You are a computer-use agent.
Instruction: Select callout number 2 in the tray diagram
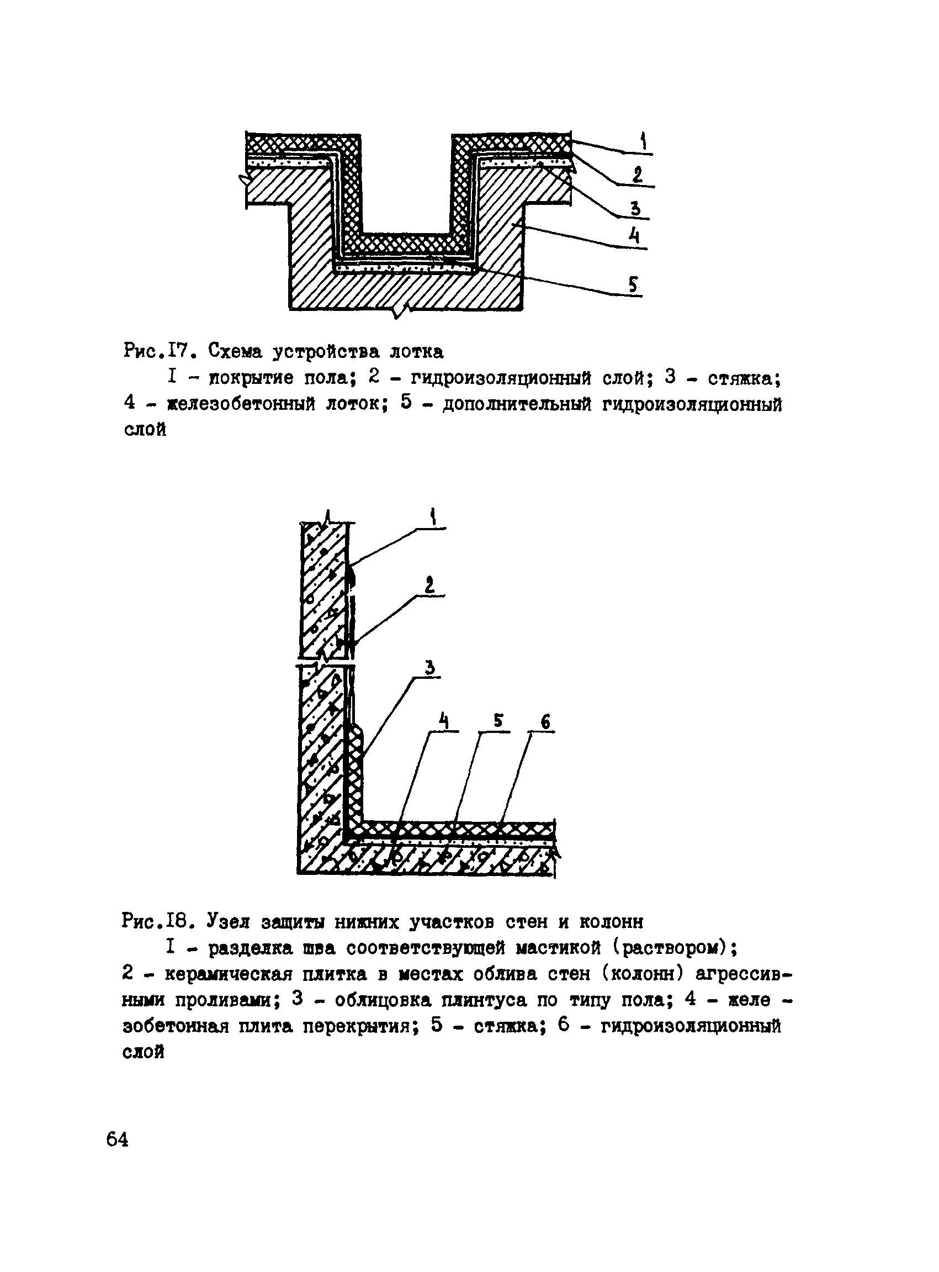pos(638,174)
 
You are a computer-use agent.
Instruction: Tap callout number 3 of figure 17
pos(636,208)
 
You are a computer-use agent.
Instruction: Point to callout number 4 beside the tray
pos(634,235)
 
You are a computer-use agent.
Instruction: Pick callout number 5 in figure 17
pos(633,284)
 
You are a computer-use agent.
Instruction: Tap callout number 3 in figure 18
pos(430,667)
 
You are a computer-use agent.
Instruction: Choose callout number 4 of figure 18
pos(444,722)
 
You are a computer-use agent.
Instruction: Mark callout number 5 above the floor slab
pos(498,721)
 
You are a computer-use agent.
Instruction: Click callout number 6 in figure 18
pos(545,721)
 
